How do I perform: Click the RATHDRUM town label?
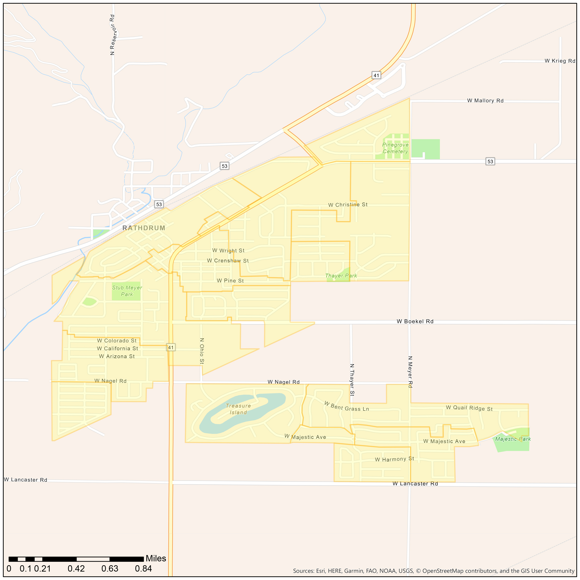144,228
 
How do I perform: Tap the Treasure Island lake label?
238,409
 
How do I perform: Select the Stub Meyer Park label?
127,291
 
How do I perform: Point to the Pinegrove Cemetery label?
395,148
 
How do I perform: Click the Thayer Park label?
341,275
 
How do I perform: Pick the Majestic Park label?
513,439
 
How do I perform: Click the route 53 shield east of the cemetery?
490,161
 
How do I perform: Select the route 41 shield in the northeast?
376,75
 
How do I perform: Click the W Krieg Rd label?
560,61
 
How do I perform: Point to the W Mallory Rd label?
485,101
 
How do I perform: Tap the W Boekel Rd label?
415,321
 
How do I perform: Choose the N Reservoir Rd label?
113,35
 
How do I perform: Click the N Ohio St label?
202,351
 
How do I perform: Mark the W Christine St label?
348,205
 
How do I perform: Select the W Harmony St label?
394,459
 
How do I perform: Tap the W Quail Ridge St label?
469,408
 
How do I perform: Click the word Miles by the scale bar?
156,558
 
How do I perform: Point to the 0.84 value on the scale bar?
143,569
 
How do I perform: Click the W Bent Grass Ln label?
347,406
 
